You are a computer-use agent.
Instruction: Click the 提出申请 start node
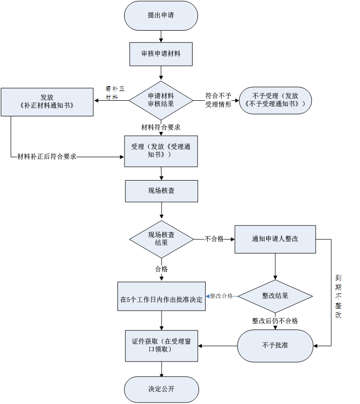[x=161, y=16]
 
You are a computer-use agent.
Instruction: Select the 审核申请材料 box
[x=161, y=54]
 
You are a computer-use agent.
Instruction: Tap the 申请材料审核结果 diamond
[x=161, y=100]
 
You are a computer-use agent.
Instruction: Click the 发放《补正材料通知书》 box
[x=47, y=102]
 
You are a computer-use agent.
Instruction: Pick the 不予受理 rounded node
[x=275, y=100]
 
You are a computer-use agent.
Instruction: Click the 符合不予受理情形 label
[x=218, y=100]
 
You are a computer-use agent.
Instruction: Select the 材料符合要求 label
[x=161, y=128]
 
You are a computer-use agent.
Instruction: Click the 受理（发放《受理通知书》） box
[x=161, y=151]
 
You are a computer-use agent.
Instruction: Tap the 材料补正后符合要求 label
[x=47, y=157]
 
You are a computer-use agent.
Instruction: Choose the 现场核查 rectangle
[x=161, y=191]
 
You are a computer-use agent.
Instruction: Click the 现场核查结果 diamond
[x=161, y=239]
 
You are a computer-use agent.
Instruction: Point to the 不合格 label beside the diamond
[x=214, y=239]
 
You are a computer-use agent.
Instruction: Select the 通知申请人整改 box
[x=275, y=239]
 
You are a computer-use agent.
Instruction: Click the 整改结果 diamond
[x=275, y=296]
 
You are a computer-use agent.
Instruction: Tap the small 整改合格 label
[x=221, y=296]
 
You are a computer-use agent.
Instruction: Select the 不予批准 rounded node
[x=275, y=346]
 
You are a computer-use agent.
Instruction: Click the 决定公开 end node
[x=161, y=389]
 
